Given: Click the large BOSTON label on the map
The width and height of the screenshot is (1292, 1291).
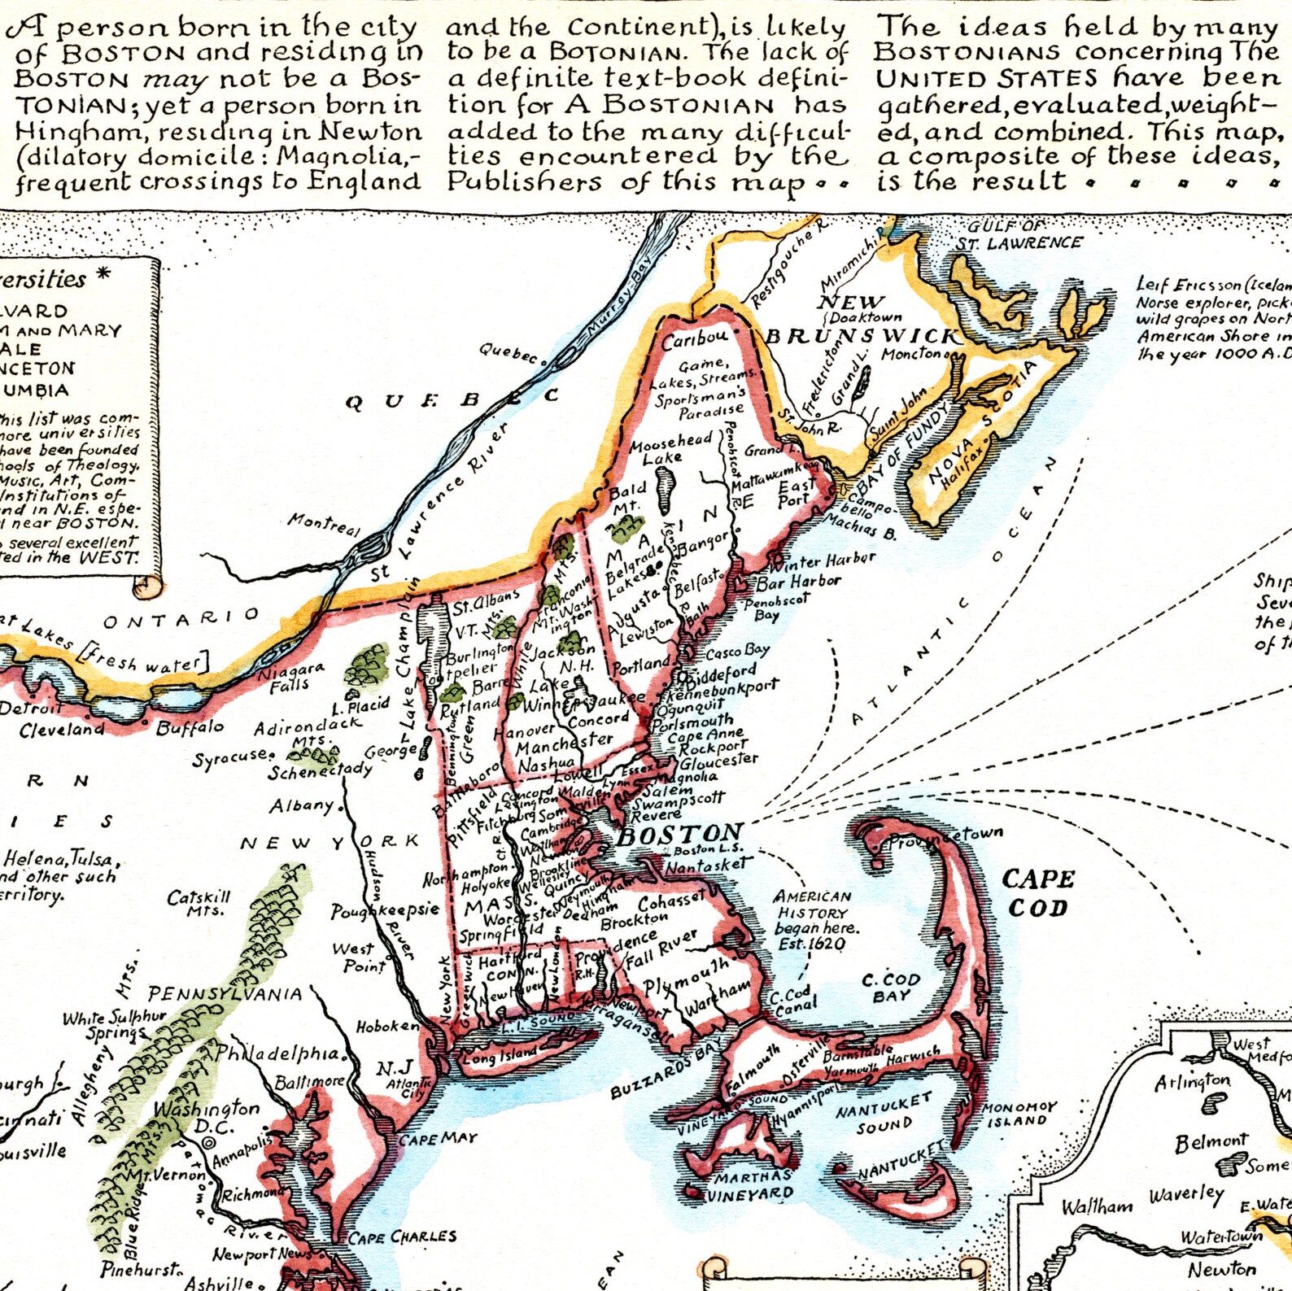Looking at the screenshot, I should point(680,833).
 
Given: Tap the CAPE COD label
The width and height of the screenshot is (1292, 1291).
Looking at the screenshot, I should point(1038,892).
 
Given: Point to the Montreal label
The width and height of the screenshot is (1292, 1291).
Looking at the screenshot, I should point(323,524).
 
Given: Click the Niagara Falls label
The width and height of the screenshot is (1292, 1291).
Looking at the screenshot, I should point(290,677).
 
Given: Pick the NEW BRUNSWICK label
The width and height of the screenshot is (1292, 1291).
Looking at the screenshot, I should point(862,321).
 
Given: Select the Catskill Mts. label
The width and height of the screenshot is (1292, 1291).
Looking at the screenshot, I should point(199,903).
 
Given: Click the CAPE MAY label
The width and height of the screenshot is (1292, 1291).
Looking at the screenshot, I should point(438,1140).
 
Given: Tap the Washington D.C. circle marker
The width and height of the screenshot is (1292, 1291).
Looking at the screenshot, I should point(209,1142).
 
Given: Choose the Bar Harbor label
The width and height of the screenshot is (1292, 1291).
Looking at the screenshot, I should point(798,582).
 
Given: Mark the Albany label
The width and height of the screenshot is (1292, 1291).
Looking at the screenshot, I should point(302,805).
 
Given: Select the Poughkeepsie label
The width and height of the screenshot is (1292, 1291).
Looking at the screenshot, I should point(384,910).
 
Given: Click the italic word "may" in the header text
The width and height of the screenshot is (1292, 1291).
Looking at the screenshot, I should point(176,80).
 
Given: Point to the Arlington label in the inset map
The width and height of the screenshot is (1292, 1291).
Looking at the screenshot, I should point(1192,1082).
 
